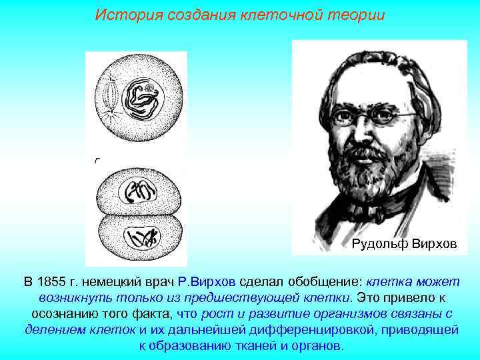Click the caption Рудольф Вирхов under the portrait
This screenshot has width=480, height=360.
tap(404, 245)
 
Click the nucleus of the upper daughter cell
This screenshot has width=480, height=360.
tap(139, 193)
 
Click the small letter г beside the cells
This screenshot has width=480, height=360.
tap(97, 159)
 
